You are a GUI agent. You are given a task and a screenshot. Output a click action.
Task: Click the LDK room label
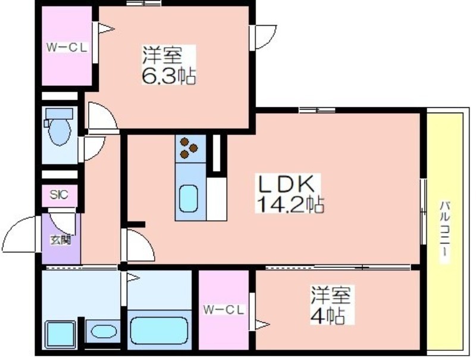pos(286,183)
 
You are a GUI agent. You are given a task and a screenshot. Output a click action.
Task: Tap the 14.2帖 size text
pos(290,204)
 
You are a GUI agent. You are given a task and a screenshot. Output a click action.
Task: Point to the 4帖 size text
pos(327,316)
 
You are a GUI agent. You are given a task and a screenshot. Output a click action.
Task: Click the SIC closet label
pos(59,195)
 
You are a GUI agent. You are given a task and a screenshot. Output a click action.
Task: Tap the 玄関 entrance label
pos(61,240)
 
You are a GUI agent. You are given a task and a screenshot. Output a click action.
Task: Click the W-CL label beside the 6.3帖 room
pos(67,48)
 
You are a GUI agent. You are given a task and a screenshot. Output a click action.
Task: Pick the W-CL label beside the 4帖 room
pos(224,310)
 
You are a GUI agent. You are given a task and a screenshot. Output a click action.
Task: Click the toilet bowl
pos(60,132)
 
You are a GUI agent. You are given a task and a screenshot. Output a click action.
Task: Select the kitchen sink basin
pos(189,198)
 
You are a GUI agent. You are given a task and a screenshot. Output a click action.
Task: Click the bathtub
pos(158,331)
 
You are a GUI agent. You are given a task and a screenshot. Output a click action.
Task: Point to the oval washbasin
pos(104,332)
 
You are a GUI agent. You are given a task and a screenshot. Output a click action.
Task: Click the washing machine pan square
pos(60,335)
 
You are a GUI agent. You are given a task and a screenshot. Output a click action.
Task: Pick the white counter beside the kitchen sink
pos(217,199)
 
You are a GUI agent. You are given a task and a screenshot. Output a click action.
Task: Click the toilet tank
pos(59,114)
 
